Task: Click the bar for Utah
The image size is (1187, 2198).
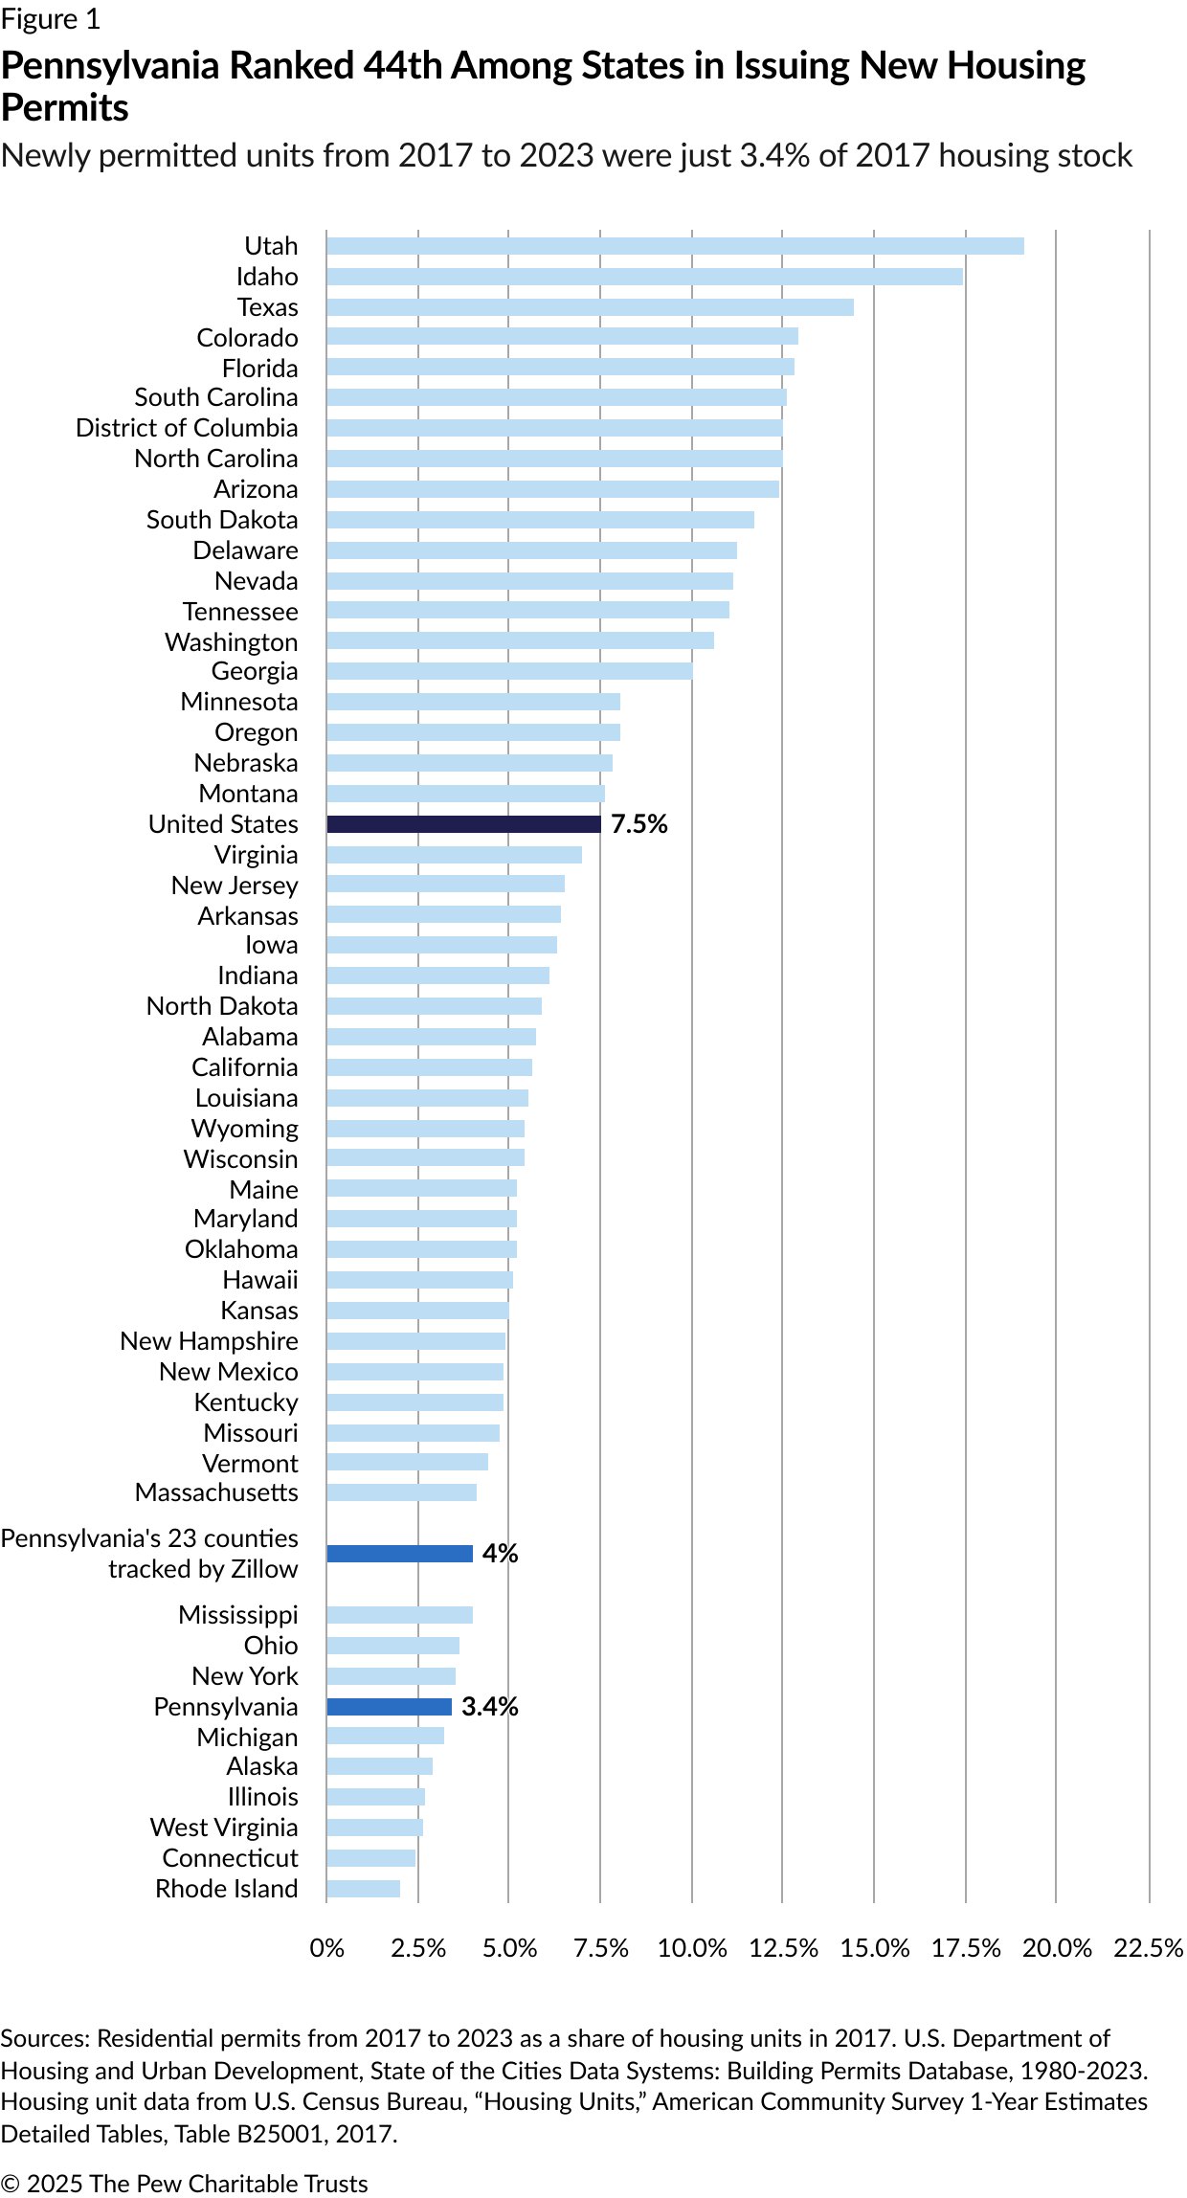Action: pos(675,246)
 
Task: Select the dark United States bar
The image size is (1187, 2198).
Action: pos(463,824)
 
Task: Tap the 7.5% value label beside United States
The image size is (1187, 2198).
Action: pos(639,824)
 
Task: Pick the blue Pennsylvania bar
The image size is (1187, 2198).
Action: pos(389,1707)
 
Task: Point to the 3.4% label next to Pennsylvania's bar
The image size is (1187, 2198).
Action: pos(489,1707)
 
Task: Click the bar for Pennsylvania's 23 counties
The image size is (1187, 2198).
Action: pos(399,1554)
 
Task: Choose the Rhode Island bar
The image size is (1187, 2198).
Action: pos(363,1889)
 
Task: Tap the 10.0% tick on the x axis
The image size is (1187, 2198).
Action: pos(692,1948)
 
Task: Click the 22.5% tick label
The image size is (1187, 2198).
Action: pos(1148,1948)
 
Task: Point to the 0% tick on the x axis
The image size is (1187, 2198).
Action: pos(327,1948)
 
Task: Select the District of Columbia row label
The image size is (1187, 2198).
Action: pos(187,428)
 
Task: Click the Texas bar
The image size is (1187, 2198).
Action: pos(590,307)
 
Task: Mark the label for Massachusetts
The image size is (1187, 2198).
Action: pos(216,1492)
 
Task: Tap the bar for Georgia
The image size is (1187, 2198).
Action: pos(509,671)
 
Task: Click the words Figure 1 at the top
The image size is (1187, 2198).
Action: pos(50,20)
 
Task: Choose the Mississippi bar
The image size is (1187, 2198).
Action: pos(399,1615)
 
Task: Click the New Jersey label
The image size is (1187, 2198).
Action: pos(235,886)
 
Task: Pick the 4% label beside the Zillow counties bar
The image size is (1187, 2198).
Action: pos(500,1554)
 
